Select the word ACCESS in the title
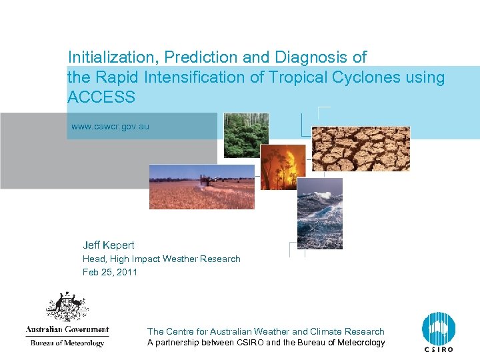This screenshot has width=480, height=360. point(101,97)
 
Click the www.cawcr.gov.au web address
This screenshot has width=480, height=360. point(110,126)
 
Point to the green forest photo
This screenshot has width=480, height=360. point(246,135)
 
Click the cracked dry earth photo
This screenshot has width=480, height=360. point(361,149)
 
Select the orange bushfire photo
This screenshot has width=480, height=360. point(283,167)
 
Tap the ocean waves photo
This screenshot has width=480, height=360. point(319,213)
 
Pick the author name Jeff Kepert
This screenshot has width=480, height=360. point(108,245)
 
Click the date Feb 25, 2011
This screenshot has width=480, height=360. point(109,272)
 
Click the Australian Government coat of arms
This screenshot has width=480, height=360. point(67,307)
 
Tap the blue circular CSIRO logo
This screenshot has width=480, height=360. point(438,329)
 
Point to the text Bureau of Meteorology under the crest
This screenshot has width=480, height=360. point(67,343)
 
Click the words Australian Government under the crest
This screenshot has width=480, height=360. point(67,329)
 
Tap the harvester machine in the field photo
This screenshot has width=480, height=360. point(210,180)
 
